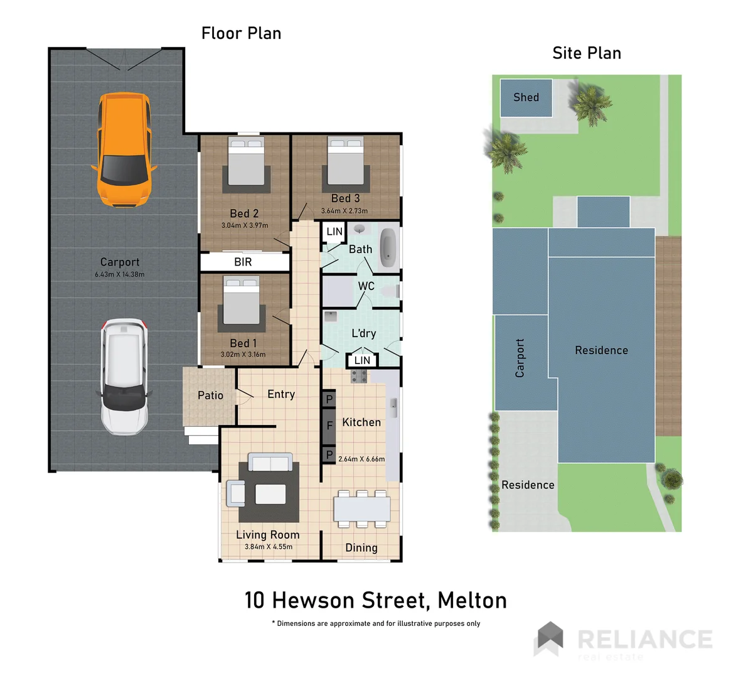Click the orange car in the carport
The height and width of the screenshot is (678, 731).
[x=124, y=149]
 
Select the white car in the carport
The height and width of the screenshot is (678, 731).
[x=124, y=377]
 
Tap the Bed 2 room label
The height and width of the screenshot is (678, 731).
[x=244, y=213]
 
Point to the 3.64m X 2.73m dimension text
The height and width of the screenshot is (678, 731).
[x=344, y=211]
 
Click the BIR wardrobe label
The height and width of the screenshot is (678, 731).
[x=243, y=262]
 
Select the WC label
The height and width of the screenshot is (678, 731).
[x=366, y=286]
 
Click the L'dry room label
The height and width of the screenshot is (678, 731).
[x=363, y=333]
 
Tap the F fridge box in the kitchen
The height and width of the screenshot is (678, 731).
[x=329, y=426]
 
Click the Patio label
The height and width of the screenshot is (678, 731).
[x=210, y=395]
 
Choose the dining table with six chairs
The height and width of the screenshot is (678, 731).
[x=362, y=508]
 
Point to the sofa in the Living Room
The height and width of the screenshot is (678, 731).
[x=270, y=463]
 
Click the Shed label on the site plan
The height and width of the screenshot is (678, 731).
[x=526, y=97]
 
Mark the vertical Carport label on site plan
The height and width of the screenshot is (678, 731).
[x=520, y=358]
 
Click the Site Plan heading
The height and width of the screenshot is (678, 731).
[x=587, y=53]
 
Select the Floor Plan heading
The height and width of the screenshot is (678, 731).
[x=241, y=33]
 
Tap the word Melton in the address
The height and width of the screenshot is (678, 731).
[x=472, y=601]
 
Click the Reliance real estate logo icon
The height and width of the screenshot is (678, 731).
[x=548, y=638]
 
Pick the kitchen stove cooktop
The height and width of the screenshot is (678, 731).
[x=359, y=376]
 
